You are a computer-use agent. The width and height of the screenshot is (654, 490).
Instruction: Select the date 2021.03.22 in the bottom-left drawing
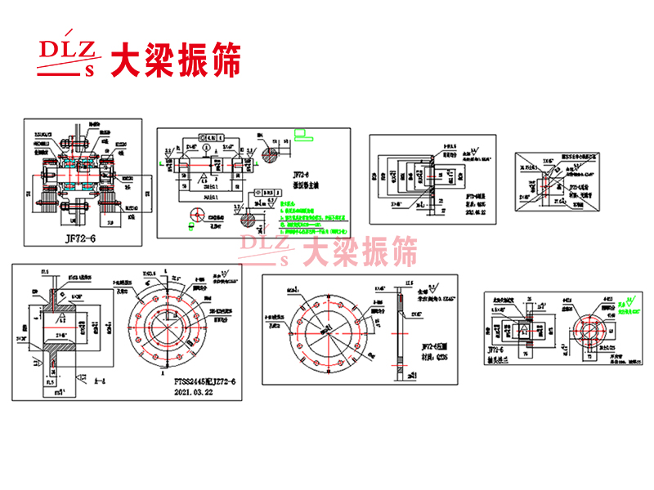click(193, 392)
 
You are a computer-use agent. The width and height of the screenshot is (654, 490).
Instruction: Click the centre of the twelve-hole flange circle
click(169, 322)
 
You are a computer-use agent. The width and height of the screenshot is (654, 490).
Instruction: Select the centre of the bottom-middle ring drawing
click(325, 329)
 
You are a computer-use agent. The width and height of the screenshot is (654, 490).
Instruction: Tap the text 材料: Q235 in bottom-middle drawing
click(438, 355)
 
